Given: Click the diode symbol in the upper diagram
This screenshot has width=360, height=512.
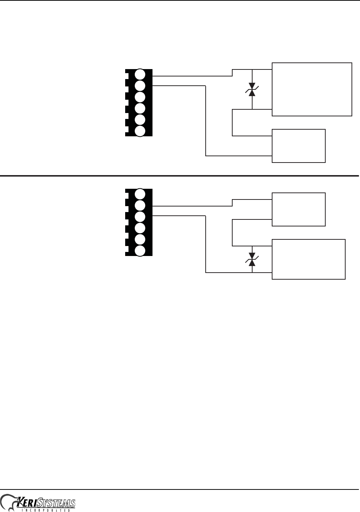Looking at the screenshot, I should [252, 90].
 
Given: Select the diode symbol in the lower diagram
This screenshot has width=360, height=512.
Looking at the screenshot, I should [252, 259].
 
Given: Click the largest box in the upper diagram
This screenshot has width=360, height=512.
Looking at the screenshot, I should [312, 89].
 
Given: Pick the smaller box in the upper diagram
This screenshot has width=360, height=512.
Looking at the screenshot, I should [299, 146].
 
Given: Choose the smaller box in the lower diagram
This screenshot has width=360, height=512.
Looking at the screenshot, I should [299, 209].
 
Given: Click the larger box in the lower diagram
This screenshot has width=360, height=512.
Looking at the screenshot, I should [309, 259].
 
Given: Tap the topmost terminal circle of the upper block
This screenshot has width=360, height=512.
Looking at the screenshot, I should [140, 74].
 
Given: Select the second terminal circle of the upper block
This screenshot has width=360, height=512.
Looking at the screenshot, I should [140, 86].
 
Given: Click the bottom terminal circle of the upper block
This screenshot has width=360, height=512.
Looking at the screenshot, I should [140, 131].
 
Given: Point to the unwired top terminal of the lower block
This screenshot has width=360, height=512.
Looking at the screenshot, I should [140, 194].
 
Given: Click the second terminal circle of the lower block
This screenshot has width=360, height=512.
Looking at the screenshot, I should [140, 205].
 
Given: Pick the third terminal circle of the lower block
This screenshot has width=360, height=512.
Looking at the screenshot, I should [140, 216].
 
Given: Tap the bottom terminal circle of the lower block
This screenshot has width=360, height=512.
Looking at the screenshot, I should [140, 251].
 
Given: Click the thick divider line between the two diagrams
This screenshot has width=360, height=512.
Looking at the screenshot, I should [179, 176].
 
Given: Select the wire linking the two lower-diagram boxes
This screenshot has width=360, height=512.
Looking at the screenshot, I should [233, 233].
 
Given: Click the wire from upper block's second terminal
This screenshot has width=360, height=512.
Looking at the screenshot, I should [206, 122].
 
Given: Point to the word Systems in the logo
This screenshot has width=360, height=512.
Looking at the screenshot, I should [59, 504].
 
